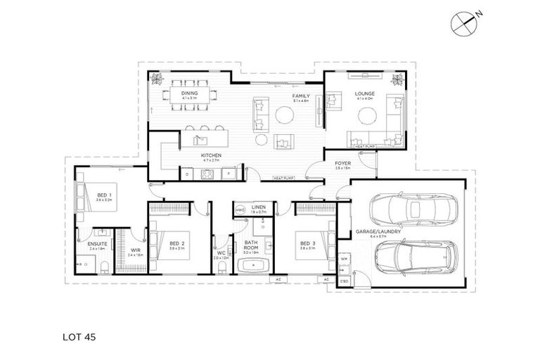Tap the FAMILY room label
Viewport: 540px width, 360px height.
301,95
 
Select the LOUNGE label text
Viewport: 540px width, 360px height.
364,94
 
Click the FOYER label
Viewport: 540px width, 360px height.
342,163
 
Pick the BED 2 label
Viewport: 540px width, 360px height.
177,243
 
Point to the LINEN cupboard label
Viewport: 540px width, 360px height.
258,206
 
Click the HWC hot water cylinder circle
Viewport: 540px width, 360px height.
240,210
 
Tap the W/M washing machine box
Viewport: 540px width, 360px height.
344,259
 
